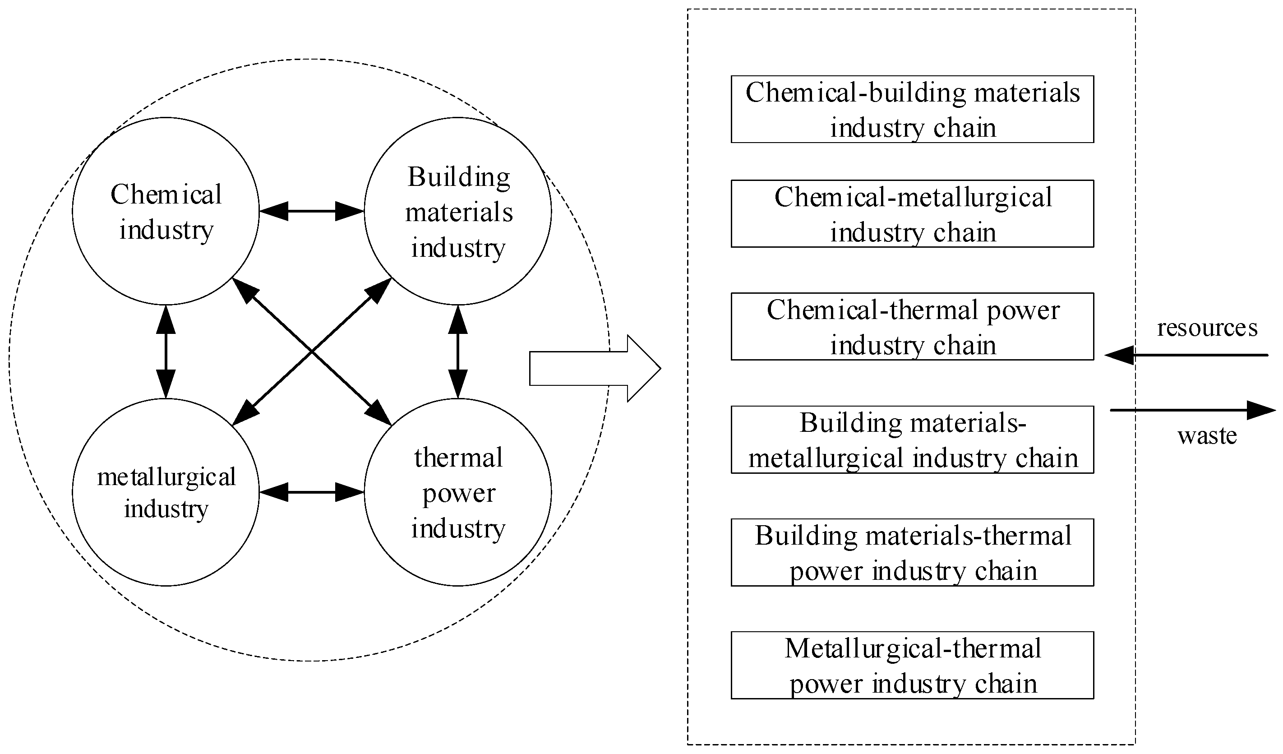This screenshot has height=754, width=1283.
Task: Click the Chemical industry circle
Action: click(166, 211)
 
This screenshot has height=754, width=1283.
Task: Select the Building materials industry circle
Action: click(458, 211)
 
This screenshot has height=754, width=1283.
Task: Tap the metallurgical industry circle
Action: click(166, 492)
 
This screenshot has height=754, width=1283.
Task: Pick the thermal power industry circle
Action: click(458, 492)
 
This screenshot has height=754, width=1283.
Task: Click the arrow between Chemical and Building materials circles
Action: click(312, 211)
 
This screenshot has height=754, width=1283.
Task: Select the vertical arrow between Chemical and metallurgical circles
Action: click(166, 352)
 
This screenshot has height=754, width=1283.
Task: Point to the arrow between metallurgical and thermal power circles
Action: click(312, 492)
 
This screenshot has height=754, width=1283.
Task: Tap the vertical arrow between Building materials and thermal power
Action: click(458, 352)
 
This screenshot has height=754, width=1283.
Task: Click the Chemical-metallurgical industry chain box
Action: click(912, 214)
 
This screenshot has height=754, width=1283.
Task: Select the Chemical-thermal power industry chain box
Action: click(912, 326)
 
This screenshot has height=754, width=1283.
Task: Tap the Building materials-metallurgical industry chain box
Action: click(912, 439)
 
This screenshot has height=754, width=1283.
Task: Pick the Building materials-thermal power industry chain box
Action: click(912, 552)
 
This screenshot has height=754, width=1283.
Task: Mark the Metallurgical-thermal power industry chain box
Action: click(912, 665)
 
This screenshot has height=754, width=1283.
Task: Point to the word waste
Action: click(1207, 435)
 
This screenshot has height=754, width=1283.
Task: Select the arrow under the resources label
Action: click(1186, 355)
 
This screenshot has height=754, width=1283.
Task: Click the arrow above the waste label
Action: click(1191, 410)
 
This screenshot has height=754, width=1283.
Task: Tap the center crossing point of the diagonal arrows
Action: click(312, 352)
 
